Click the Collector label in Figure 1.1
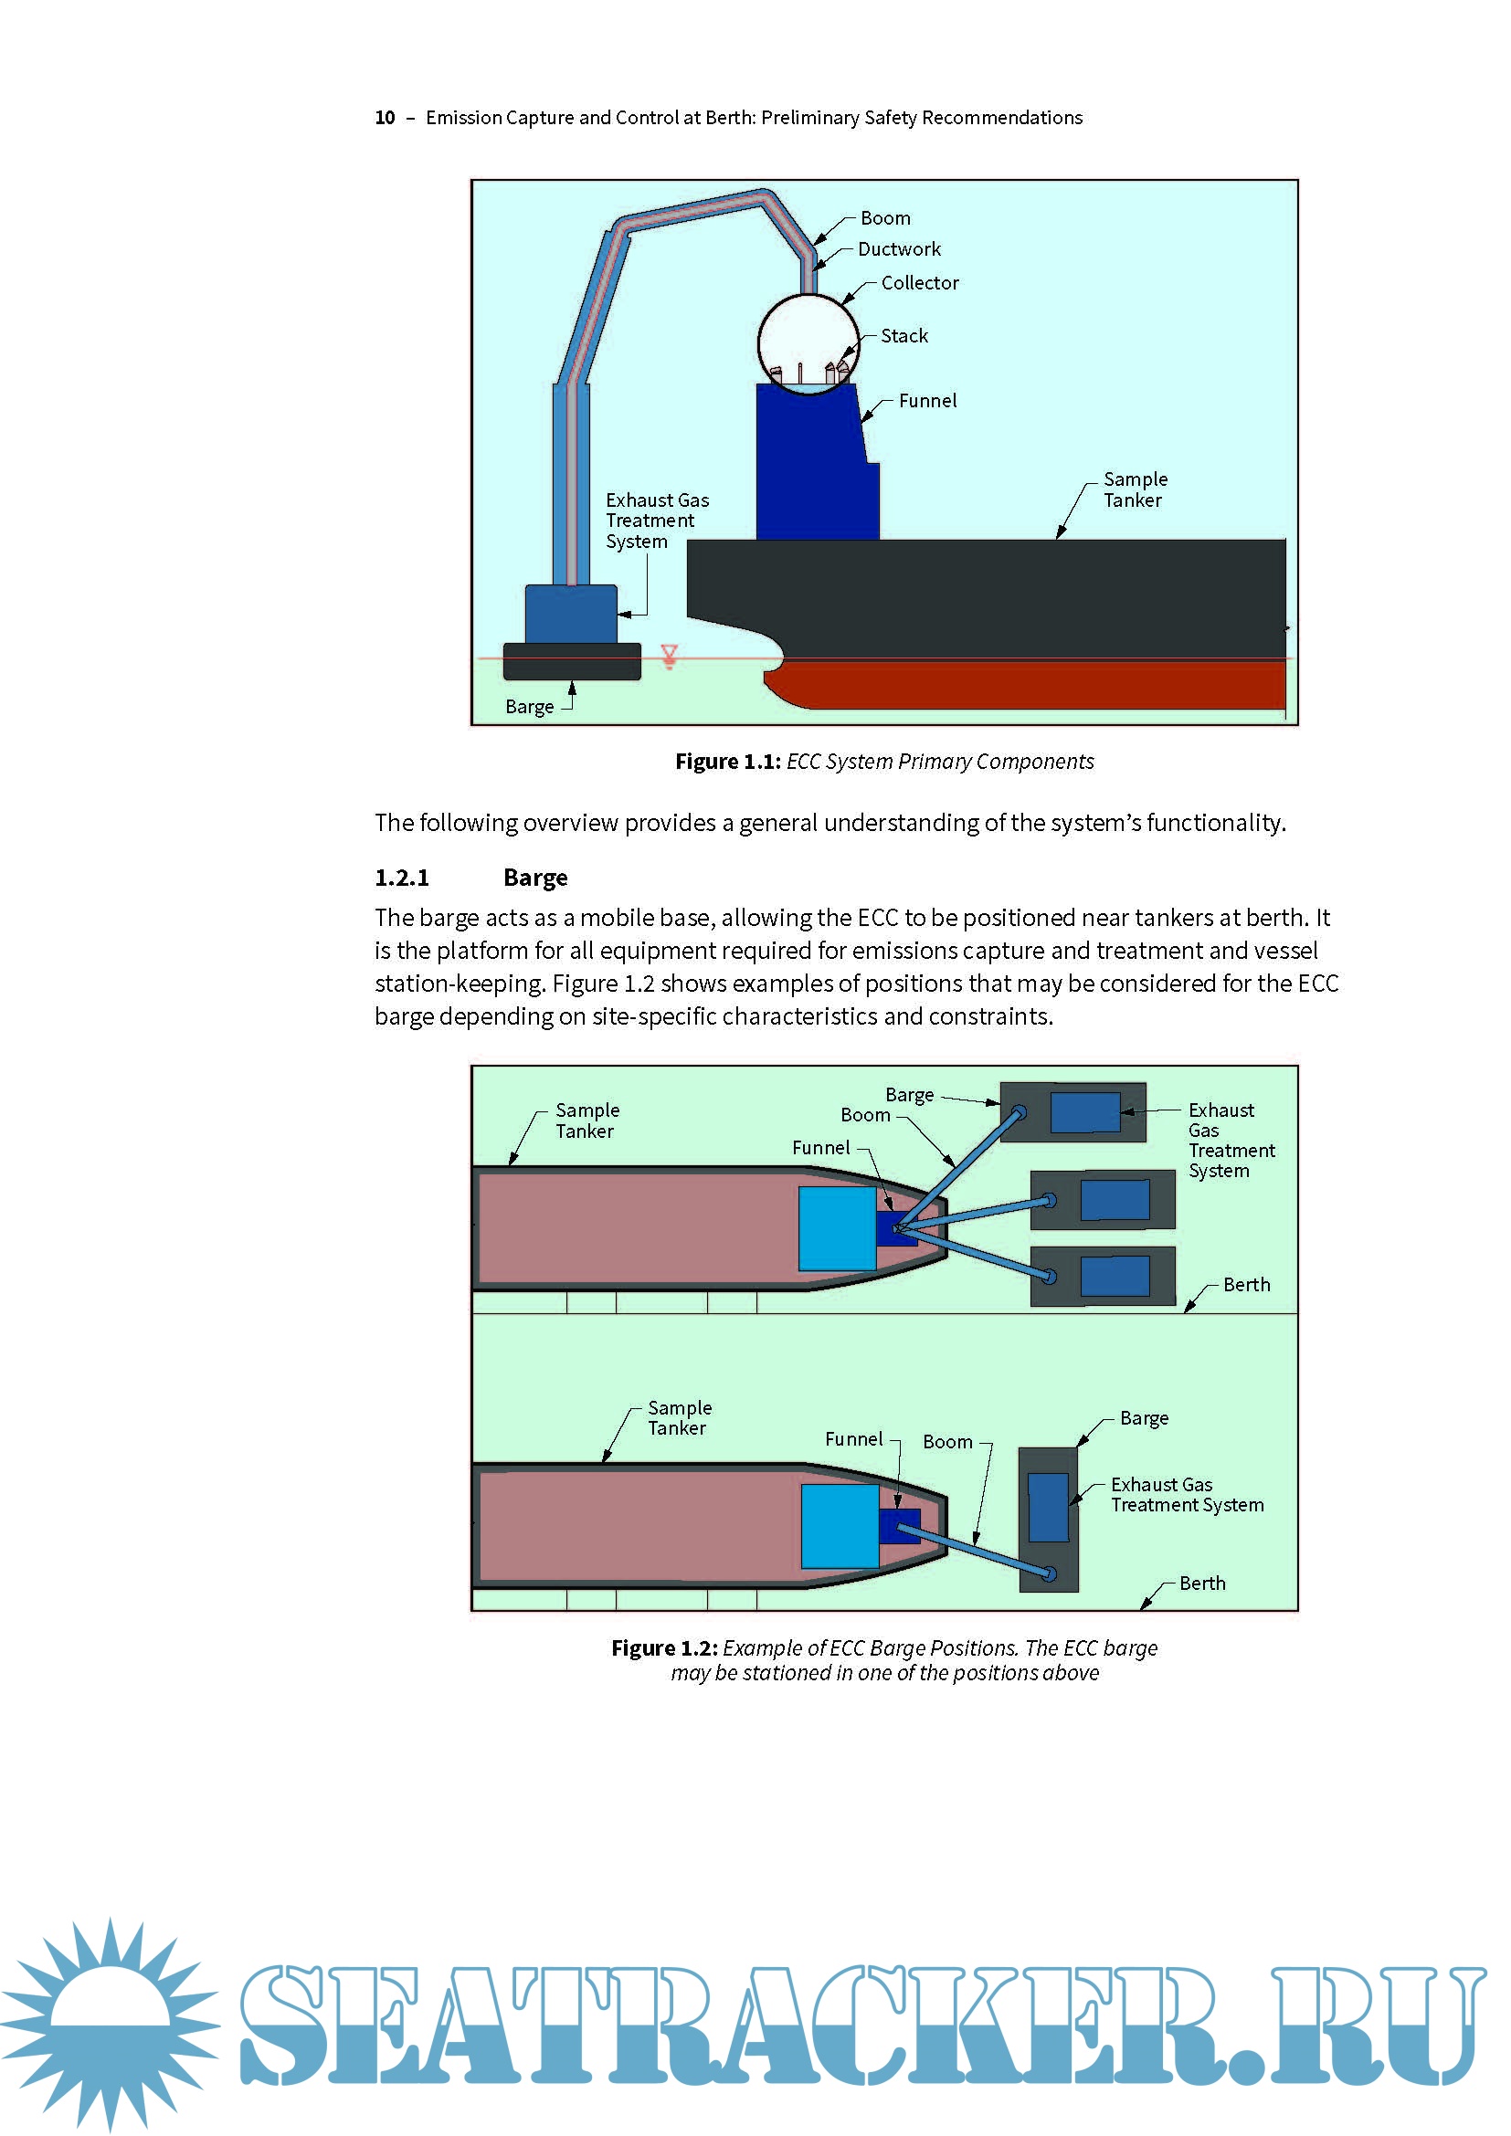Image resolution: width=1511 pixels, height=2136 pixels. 919,283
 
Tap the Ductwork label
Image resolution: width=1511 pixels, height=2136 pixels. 899,249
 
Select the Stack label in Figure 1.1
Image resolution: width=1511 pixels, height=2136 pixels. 904,336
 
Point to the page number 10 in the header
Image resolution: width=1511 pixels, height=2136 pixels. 385,118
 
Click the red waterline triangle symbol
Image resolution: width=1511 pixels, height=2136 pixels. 669,656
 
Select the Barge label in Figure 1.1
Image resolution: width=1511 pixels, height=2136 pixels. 530,707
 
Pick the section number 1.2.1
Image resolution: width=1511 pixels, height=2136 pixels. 402,878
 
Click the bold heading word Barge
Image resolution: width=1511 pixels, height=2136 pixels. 535,878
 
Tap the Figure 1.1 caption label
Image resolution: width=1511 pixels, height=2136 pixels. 727,762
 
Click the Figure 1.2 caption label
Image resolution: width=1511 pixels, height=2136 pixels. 663,1648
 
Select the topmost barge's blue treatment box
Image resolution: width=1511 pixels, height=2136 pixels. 1085,1111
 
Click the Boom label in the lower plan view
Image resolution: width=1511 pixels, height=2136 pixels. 947,1442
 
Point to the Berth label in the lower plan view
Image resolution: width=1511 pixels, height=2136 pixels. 1202,1584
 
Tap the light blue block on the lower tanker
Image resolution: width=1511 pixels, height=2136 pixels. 840,1526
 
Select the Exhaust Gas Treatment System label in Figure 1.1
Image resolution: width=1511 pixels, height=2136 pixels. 657,521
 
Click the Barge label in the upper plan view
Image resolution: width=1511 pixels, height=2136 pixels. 909,1095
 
